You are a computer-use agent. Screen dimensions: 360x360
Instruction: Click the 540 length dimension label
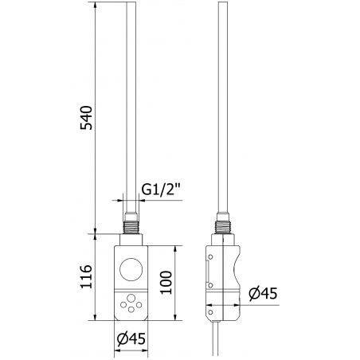pyautogui.click(x=89, y=118)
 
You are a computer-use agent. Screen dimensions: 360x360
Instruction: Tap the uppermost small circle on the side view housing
pyautogui.click(x=209, y=256)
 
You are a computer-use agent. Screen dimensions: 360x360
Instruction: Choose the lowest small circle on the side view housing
pyautogui.click(x=209, y=303)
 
